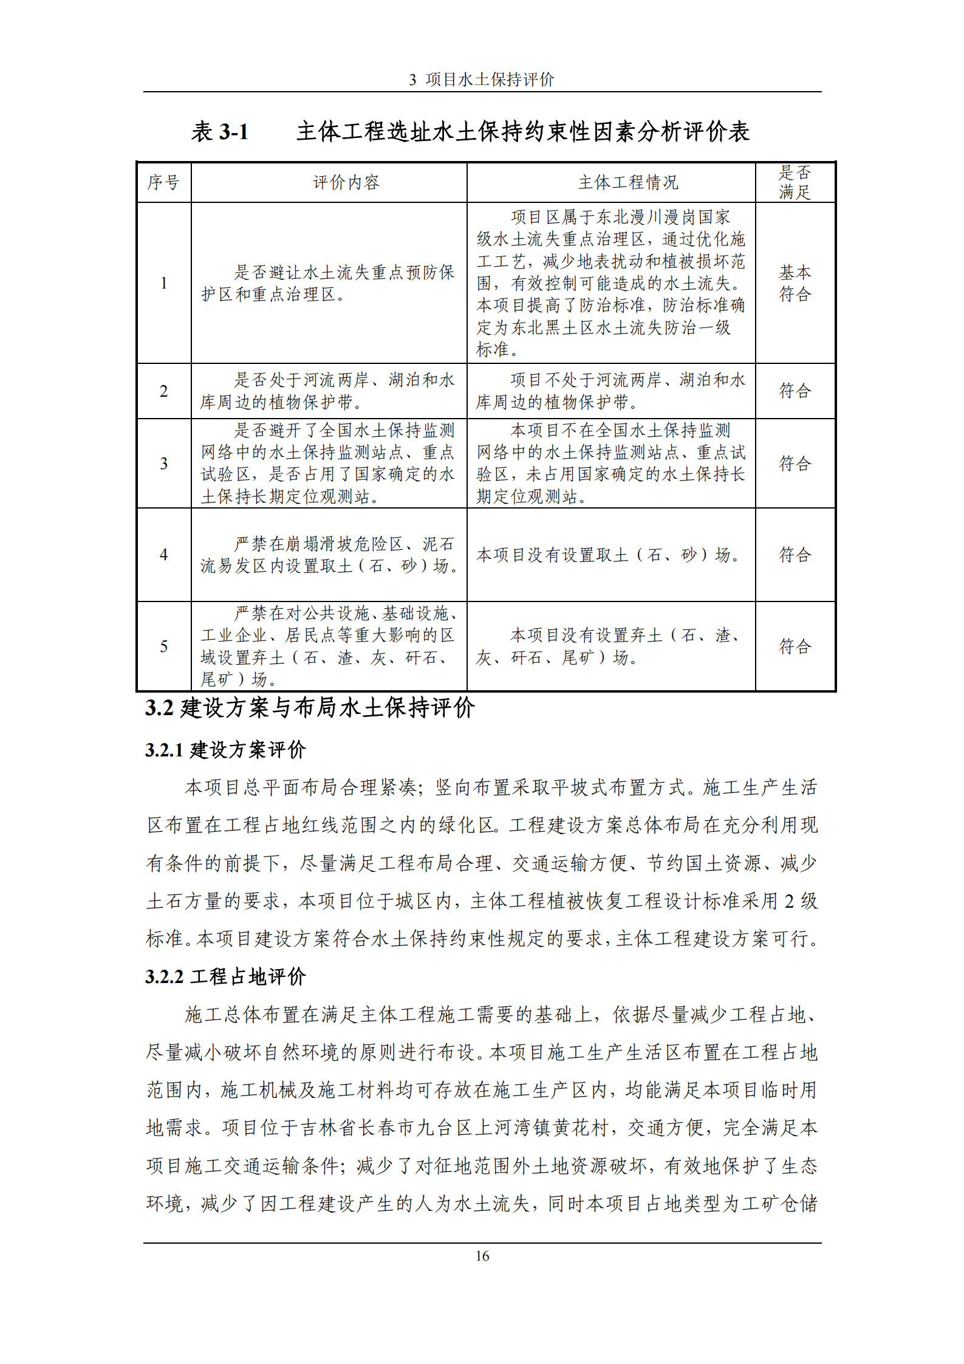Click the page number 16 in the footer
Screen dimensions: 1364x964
click(x=482, y=1256)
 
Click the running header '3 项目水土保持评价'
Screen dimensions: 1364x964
click(x=482, y=80)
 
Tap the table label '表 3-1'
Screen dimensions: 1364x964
click(x=220, y=131)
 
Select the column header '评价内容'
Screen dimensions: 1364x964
click(x=346, y=182)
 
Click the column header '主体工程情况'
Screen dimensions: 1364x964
click(x=628, y=182)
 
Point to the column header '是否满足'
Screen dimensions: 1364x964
click(x=795, y=182)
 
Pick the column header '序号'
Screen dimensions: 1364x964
click(x=163, y=182)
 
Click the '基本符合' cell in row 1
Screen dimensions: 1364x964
click(x=795, y=283)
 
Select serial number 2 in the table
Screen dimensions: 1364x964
click(x=163, y=391)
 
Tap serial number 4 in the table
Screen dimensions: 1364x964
click(x=163, y=555)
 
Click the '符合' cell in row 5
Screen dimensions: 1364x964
click(x=795, y=646)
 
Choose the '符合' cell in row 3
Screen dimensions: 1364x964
click(x=795, y=464)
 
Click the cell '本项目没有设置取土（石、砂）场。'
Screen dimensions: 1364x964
click(x=607, y=555)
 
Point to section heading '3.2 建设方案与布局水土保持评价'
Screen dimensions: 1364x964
click(x=309, y=708)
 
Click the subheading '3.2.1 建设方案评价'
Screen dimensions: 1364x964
click(x=225, y=750)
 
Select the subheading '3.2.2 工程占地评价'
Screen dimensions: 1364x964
click(x=225, y=977)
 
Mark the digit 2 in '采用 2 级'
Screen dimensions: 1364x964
click(x=788, y=901)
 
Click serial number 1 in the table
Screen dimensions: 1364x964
click(x=163, y=283)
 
